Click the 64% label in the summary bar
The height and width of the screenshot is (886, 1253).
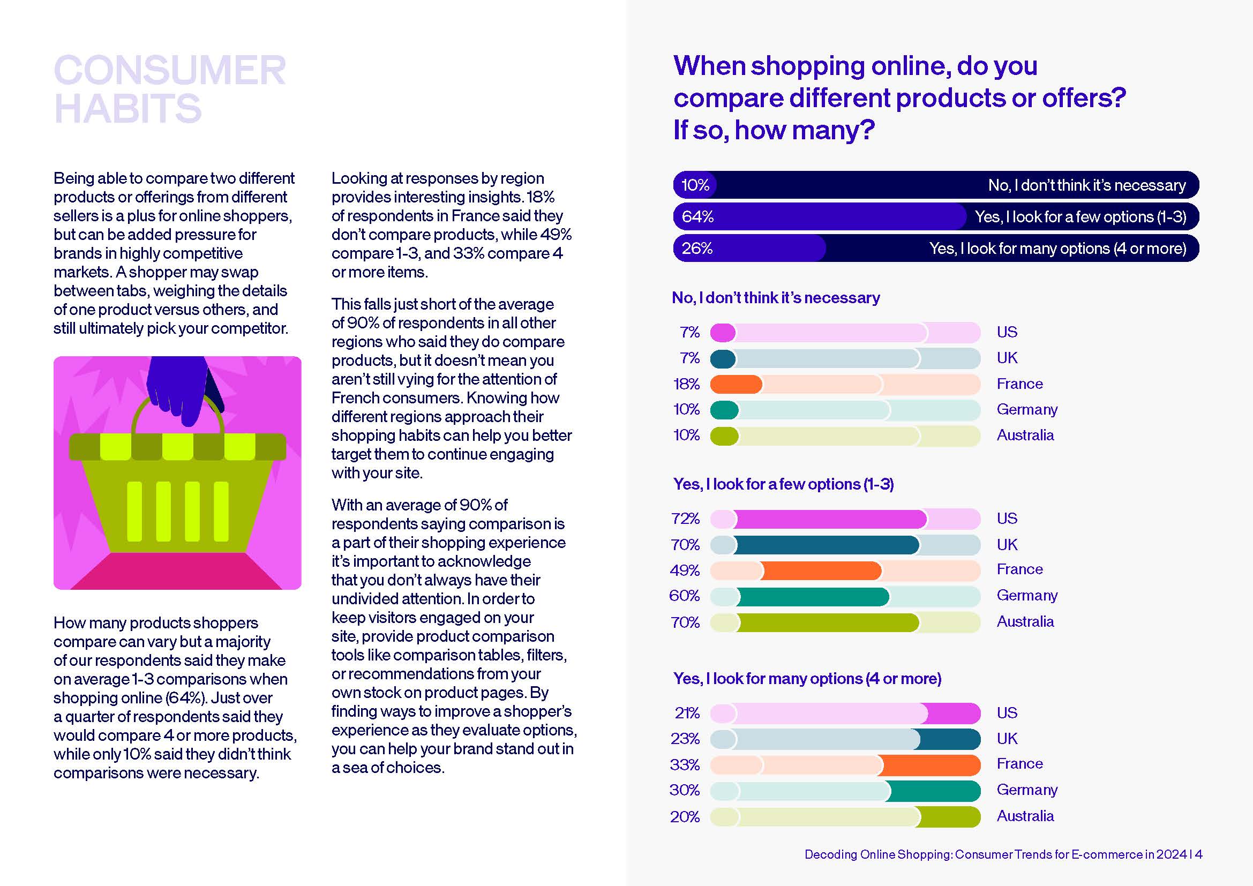[x=697, y=216]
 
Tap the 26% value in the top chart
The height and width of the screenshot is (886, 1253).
[x=697, y=248]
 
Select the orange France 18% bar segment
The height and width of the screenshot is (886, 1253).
[x=736, y=384]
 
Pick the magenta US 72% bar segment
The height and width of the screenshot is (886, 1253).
[x=829, y=519]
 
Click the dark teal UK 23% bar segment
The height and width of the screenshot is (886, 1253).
[x=950, y=739]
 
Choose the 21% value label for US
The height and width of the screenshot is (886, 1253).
[x=687, y=712]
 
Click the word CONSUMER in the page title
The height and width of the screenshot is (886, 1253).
[x=170, y=70]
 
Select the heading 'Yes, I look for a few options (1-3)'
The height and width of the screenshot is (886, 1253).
[x=784, y=484]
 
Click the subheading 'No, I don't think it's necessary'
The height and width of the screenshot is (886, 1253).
[x=776, y=297]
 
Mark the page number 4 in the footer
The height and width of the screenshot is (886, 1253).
[x=1199, y=854]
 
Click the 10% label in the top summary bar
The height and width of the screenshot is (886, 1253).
[x=696, y=185]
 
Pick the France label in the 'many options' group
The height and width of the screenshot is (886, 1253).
[x=1019, y=763]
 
